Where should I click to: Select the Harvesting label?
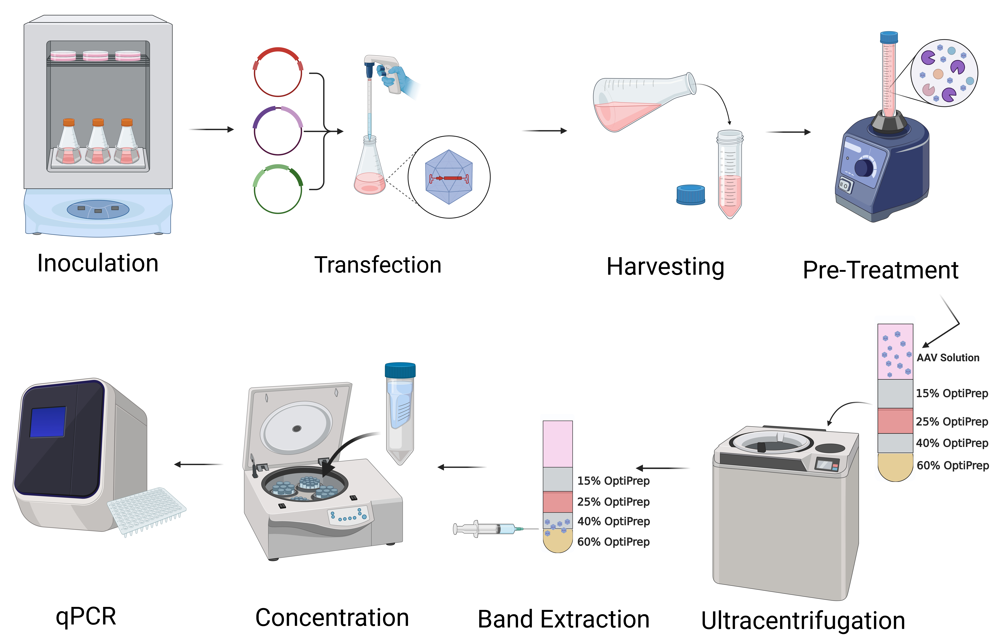click(x=665, y=267)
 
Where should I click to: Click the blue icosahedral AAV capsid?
click(x=449, y=177)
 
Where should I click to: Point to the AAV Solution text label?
click(x=948, y=358)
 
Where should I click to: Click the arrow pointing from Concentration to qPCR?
click(x=198, y=464)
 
